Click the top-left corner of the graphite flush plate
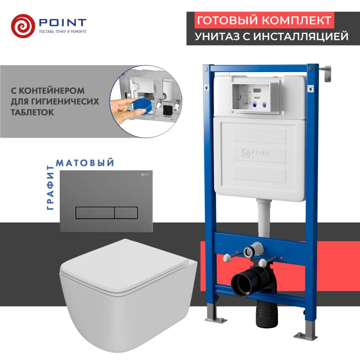coord(60,170)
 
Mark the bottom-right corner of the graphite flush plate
coord(153,232)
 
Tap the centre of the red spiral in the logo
coord(23,26)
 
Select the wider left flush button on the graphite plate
coord(95,213)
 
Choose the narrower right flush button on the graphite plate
coord(126,213)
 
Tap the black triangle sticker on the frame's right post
coord(310,89)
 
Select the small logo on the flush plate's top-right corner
coord(145,175)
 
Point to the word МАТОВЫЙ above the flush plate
coord(85,162)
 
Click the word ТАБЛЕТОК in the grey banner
coord(32,112)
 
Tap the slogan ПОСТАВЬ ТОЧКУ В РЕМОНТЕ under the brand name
coord(63,32)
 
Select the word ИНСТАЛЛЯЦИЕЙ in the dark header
coord(301,36)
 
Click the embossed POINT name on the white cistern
coord(261,153)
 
